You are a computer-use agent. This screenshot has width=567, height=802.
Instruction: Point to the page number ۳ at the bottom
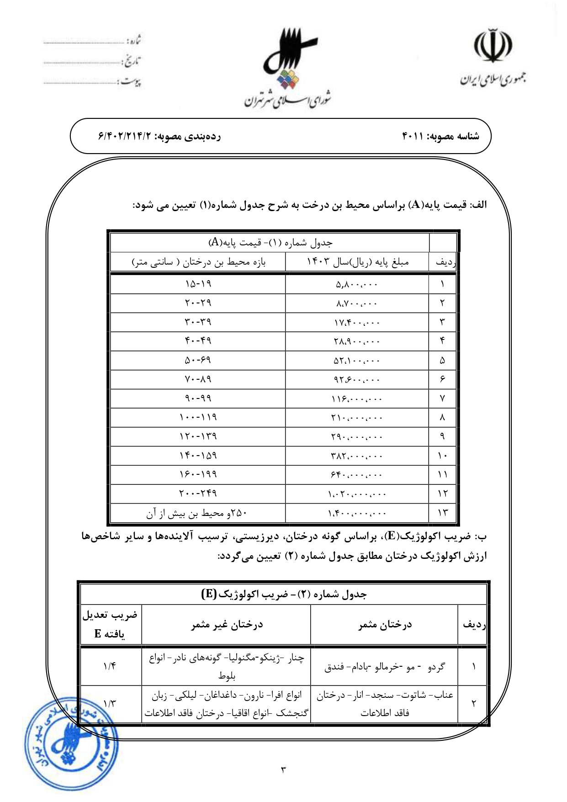point(283,770)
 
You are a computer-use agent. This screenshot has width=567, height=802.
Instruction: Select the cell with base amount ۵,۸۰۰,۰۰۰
point(357,284)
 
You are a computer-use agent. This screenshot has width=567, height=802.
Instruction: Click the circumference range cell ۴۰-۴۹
point(198,341)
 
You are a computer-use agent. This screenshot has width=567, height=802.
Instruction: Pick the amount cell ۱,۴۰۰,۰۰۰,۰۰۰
point(357,513)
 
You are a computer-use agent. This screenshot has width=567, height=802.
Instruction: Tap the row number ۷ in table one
point(442,398)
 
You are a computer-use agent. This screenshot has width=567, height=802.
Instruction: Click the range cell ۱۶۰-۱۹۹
point(198,475)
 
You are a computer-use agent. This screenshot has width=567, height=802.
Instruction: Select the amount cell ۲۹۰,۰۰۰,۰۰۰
point(357,437)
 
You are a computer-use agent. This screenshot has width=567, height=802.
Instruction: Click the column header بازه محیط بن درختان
point(198,262)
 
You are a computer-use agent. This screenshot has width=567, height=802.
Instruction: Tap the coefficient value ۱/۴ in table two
point(110,666)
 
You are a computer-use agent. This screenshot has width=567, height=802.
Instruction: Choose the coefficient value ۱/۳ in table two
point(110,704)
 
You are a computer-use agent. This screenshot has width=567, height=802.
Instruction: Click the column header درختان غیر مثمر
point(227,624)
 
